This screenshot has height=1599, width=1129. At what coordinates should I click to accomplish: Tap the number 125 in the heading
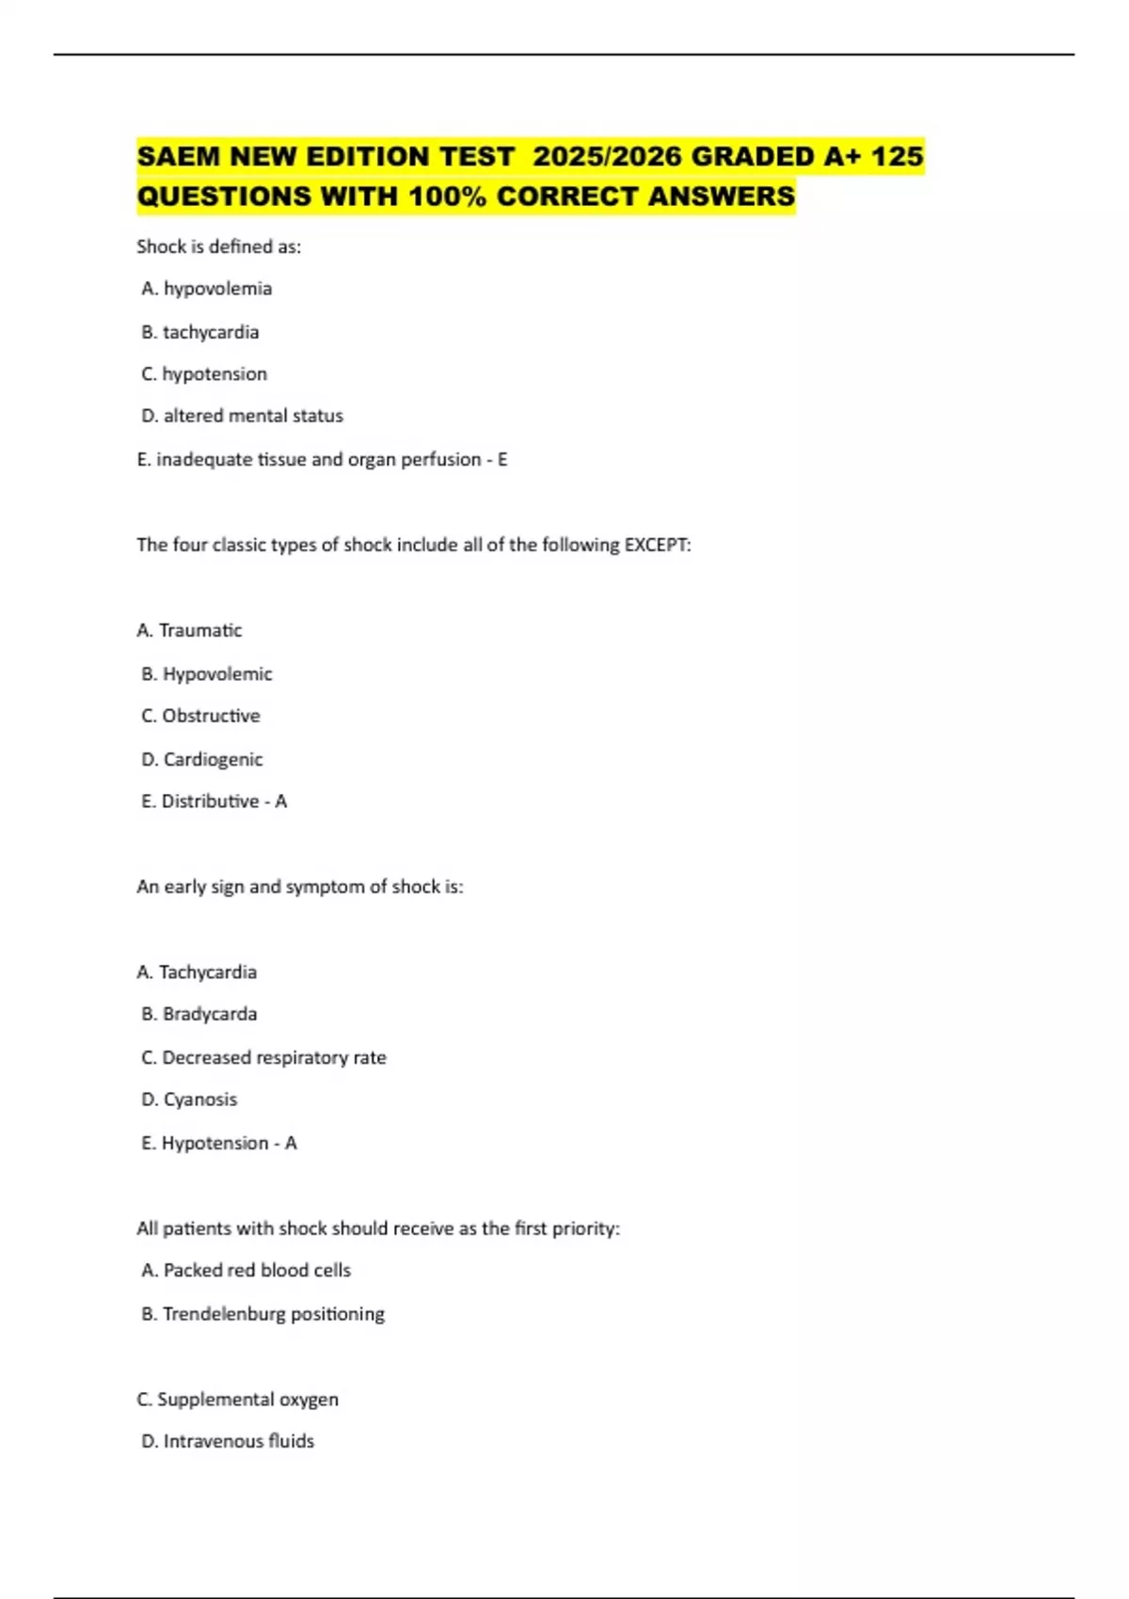[x=897, y=156]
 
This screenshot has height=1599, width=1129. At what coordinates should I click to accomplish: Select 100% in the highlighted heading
[x=448, y=197]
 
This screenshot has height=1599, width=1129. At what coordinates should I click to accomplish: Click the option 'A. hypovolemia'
[x=206, y=289]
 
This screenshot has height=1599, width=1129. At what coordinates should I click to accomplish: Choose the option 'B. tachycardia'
[x=199, y=332]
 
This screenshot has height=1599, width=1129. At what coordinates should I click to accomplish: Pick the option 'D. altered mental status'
[x=242, y=416]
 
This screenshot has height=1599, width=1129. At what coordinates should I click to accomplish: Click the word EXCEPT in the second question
[x=657, y=545]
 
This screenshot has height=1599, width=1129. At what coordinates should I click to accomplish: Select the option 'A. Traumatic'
[x=189, y=630]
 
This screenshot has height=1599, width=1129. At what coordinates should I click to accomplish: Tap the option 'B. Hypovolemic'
[x=206, y=673]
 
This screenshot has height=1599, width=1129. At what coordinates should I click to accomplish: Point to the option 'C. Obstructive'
[x=200, y=716]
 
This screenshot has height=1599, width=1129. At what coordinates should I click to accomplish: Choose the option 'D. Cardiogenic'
[x=201, y=759]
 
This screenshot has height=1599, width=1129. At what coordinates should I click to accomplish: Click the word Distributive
[x=210, y=801]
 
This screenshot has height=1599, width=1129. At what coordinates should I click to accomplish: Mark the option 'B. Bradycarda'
[x=199, y=1014]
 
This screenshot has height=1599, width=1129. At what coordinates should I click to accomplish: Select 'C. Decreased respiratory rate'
[x=263, y=1057]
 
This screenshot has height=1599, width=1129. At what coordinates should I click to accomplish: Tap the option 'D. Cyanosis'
[x=189, y=1100]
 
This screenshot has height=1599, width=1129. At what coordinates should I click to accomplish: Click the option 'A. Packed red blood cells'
[x=246, y=1270]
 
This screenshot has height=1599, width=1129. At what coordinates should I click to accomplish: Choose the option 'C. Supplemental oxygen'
[x=237, y=1399]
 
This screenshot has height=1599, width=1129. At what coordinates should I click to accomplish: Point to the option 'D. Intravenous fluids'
[x=228, y=1441]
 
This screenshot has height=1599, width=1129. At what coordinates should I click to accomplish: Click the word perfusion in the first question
[x=441, y=459]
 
